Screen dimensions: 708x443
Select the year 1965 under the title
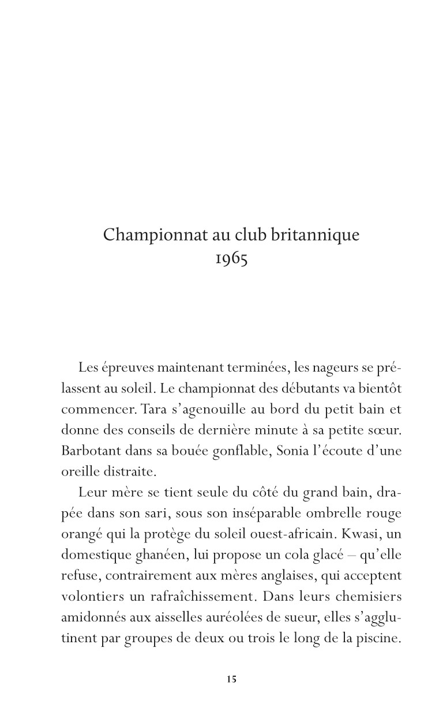pos(231,259)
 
